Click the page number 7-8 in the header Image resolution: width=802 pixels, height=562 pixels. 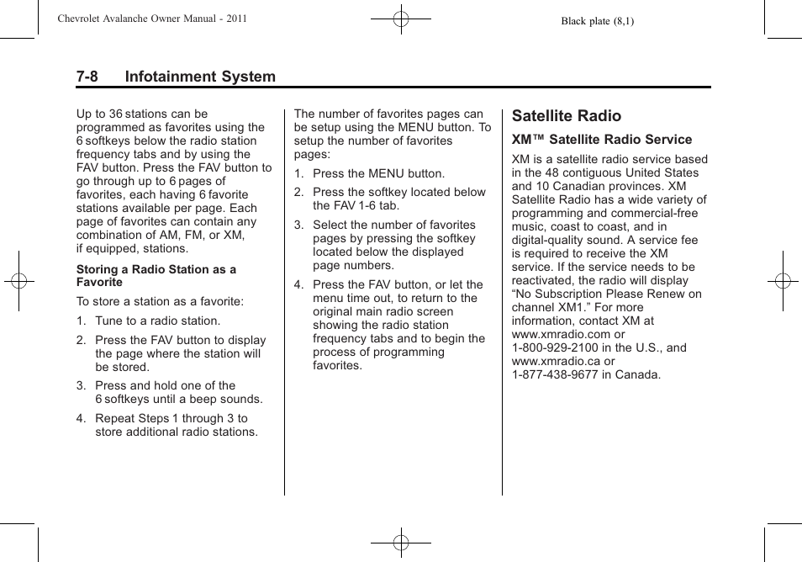click(x=87, y=77)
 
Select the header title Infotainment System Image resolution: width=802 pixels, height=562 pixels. click(x=200, y=77)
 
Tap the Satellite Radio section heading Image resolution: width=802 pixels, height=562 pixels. click(x=566, y=116)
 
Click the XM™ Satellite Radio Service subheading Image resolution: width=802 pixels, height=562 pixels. click(x=602, y=140)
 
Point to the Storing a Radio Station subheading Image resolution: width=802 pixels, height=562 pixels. click(x=156, y=276)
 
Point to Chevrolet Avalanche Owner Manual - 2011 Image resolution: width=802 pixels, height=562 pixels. click(x=151, y=19)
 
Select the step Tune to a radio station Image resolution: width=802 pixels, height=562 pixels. click(x=157, y=321)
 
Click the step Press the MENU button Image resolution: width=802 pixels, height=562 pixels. click(x=378, y=173)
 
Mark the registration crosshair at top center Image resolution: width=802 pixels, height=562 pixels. click(x=401, y=18)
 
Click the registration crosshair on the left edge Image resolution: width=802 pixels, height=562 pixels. click(x=18, y=281)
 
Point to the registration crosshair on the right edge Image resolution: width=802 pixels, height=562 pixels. click(x=783, y=281)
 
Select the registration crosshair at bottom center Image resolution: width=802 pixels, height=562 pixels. click(x=401, y=543)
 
